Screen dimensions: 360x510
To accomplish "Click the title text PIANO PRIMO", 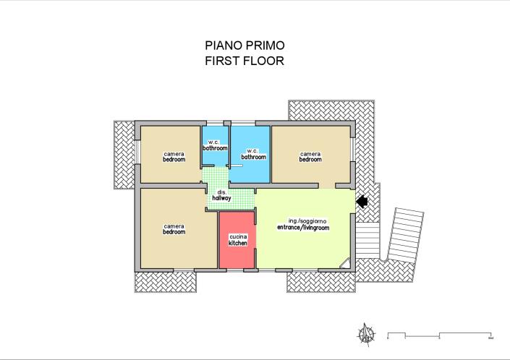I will pos(245,46).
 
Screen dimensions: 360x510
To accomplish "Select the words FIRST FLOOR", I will pos(245,61).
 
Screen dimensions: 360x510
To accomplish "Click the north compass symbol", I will pos(367,334).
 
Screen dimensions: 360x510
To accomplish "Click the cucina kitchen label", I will pos(238,240).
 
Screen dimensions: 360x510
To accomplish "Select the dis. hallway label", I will pos(221,195).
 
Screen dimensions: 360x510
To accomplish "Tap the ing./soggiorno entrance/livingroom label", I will pos(303,223).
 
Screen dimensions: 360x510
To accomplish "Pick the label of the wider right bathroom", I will pos(253,154).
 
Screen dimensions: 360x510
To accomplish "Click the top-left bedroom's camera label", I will pos(174,156).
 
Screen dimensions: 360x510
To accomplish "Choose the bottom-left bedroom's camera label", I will pos(174,228).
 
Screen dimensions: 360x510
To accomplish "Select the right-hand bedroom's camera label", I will pos(310,156).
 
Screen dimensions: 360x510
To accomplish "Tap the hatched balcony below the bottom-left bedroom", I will pos(166,281).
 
